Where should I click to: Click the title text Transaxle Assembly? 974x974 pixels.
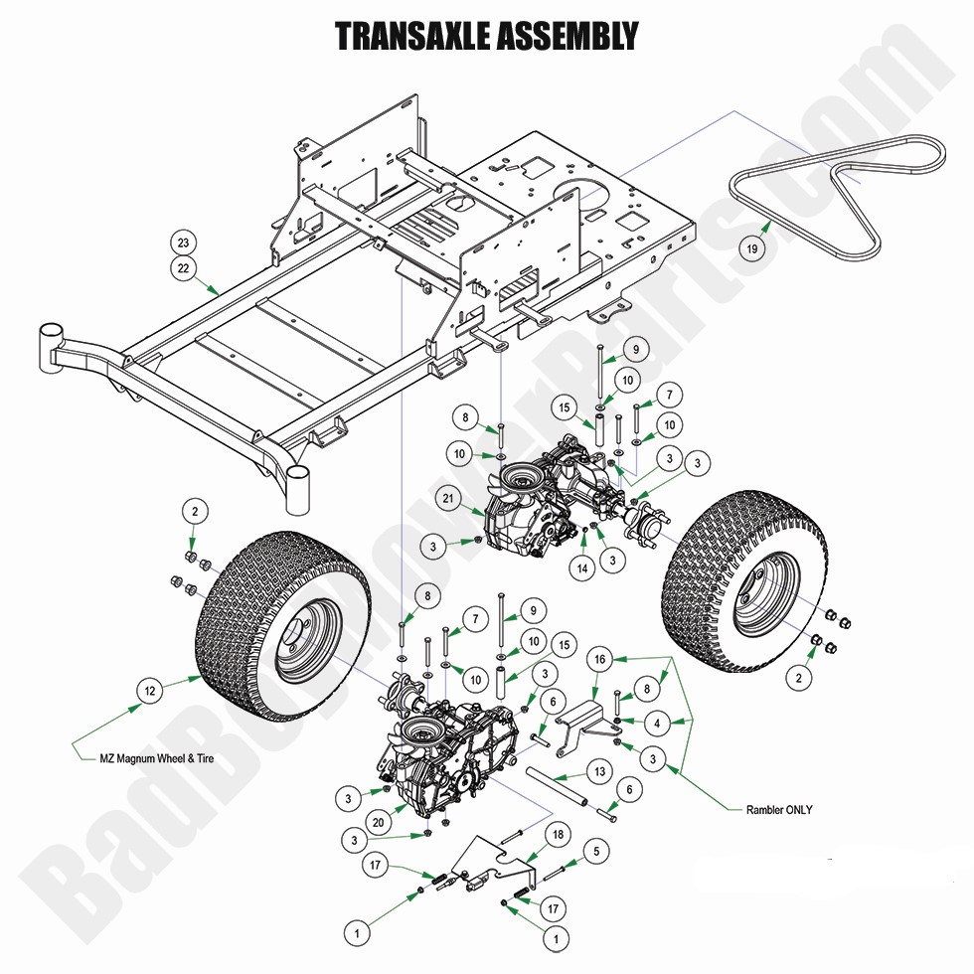486,37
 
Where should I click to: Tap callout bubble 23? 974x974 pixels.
183,242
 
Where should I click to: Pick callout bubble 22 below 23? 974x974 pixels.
183,266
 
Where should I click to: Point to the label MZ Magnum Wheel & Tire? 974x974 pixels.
156,758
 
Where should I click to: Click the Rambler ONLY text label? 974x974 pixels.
778,809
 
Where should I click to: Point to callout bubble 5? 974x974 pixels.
595,851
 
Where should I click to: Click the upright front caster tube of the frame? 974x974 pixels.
299,486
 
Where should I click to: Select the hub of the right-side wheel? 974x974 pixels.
755,596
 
